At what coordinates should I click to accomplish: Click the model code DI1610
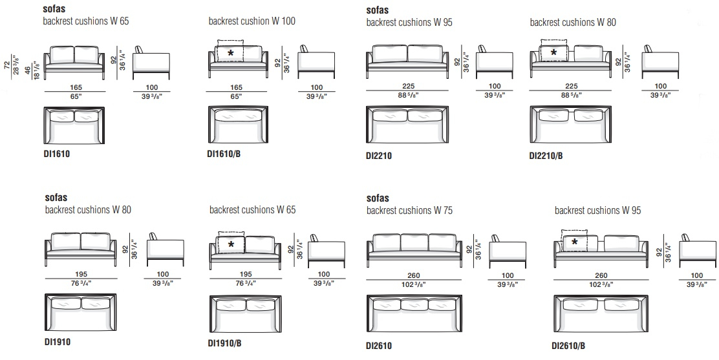click(x=57, y=154)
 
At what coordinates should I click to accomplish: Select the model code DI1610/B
click(x=224, y=154)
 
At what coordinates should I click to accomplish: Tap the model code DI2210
click(x=379, y=156)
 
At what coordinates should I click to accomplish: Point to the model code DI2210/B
click(x=546, y=156)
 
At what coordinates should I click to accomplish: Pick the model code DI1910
click(x=58, y=342)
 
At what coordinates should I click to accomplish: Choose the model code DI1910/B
click(x=225, y=343)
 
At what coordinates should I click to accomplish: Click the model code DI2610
click(x=379, y=346)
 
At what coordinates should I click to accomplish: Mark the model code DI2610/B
click(x=568, y=346)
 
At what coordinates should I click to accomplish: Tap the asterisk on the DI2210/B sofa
click(x=553, y=53)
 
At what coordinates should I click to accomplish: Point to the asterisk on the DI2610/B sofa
click(x=574, y=242)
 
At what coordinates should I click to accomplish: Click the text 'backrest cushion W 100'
click(x=252, y=21)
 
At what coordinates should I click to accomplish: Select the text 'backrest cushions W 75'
click(x=409, y=211)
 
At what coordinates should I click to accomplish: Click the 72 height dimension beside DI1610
click(x=6, y=65)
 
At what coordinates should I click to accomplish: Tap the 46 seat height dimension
click(x=28, y=71)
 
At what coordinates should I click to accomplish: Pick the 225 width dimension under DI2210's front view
click(x=408, y=86)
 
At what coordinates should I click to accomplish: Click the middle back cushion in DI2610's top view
click(x=414, y=304)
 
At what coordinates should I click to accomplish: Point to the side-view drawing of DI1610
click(x=151, y=63)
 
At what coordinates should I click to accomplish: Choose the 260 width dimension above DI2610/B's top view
click(x=601, y=275)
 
